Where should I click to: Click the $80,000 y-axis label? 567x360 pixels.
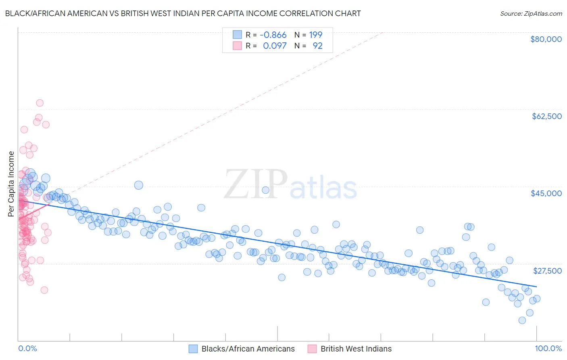[546, 39]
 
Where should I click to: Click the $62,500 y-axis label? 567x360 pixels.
[546, 116]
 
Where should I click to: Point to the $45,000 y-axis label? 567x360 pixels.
[546, 193]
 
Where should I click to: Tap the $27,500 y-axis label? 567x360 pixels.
[547, 271]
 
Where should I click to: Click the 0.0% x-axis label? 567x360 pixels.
[27, 349]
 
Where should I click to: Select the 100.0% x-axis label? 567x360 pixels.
[548, 349]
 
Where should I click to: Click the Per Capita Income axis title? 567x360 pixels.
[11, 184]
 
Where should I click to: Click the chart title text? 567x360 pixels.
[183, 13]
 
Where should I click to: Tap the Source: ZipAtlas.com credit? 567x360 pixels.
[531, 13]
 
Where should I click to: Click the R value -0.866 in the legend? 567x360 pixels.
[273, 35]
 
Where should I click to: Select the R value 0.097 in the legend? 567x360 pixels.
[275, 46]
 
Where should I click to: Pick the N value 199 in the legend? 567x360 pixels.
[316, 35]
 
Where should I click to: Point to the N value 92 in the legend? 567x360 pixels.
[317, 46]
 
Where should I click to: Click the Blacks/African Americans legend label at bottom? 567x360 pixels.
[248, 349]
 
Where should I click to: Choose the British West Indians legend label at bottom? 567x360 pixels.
[356, 349]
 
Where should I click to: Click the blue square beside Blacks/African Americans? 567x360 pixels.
[193, 349]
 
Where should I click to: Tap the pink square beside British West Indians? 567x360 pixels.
[312, 349]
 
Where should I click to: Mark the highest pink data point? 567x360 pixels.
[40, 103]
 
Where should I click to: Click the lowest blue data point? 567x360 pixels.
[522, 320]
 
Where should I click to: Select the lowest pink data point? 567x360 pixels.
[44, 290]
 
